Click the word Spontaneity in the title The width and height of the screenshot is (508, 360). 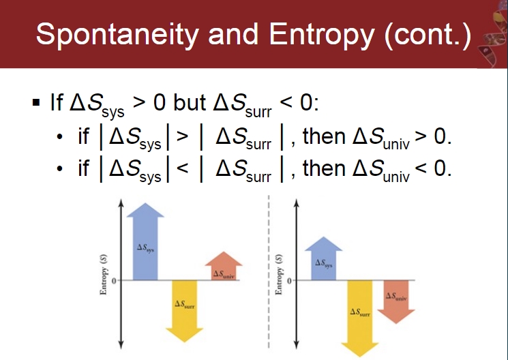(117, 35)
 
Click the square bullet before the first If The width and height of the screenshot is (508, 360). (36, 103)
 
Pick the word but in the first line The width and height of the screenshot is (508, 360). (190, 103)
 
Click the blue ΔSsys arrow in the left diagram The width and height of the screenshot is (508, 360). (145, 242)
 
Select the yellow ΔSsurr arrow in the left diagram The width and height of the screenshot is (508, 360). (184, 311)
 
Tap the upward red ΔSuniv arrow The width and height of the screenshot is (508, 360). (224, 266)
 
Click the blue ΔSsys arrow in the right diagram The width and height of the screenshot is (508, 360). (323, 258)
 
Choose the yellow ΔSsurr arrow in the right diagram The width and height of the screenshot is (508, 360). (359, 318)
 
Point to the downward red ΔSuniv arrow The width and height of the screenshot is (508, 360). (396, 302)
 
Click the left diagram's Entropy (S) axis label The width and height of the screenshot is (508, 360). (104, 275)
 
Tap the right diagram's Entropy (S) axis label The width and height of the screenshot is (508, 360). (279, 275)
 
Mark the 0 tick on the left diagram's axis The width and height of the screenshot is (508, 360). (114, 281)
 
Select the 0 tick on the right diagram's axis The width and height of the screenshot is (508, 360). (289, 281)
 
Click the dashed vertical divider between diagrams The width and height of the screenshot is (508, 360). (269, 272)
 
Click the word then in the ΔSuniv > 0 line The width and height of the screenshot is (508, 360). (324, 136)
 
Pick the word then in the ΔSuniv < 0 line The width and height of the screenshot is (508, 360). (324, 168)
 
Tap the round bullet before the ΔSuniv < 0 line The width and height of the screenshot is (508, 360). (59, 169)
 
